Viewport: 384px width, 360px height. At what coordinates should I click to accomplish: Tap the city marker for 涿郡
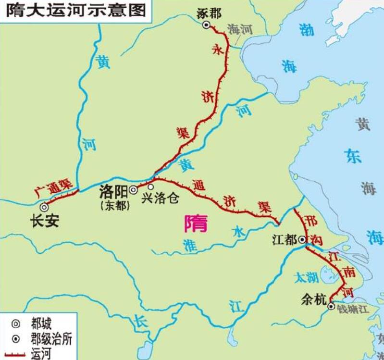[206, 25]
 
